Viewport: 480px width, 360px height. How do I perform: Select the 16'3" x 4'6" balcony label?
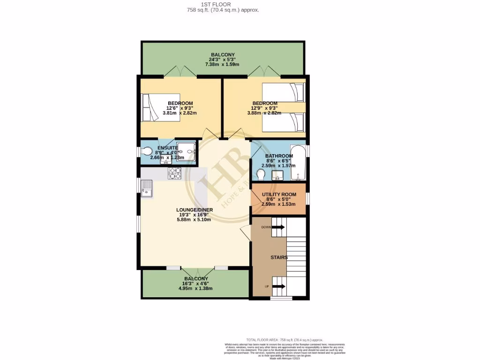point(195,284)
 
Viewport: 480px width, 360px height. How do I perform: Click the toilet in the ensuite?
point(147,151)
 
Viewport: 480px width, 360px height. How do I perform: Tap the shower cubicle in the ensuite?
point(186,151)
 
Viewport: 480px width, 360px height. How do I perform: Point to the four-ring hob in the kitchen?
point(174,173)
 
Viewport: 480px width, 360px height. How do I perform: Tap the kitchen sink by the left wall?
point(147,190)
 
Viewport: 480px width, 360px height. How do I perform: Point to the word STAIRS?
point(278,257)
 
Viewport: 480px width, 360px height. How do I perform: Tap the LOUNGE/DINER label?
point(195,210)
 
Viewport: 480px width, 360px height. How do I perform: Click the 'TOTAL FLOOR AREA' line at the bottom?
point(285,339)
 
